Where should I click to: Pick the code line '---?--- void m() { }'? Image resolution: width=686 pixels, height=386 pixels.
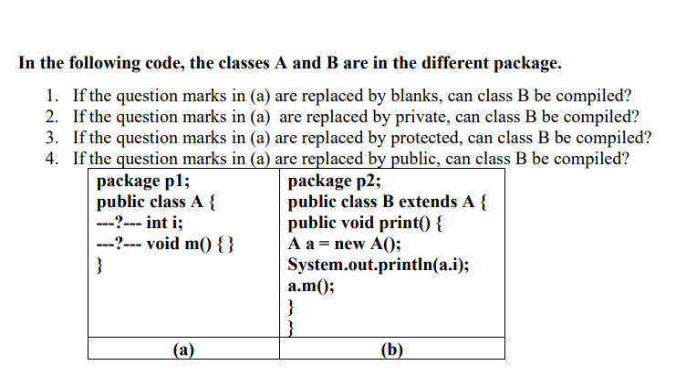pyautogui.click(x=168, y=244)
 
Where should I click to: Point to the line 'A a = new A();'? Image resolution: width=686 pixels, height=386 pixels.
pyautogui.click(x=344, y=244)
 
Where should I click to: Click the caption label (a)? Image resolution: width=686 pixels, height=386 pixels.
pyautogui.click(x=183, y=349)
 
